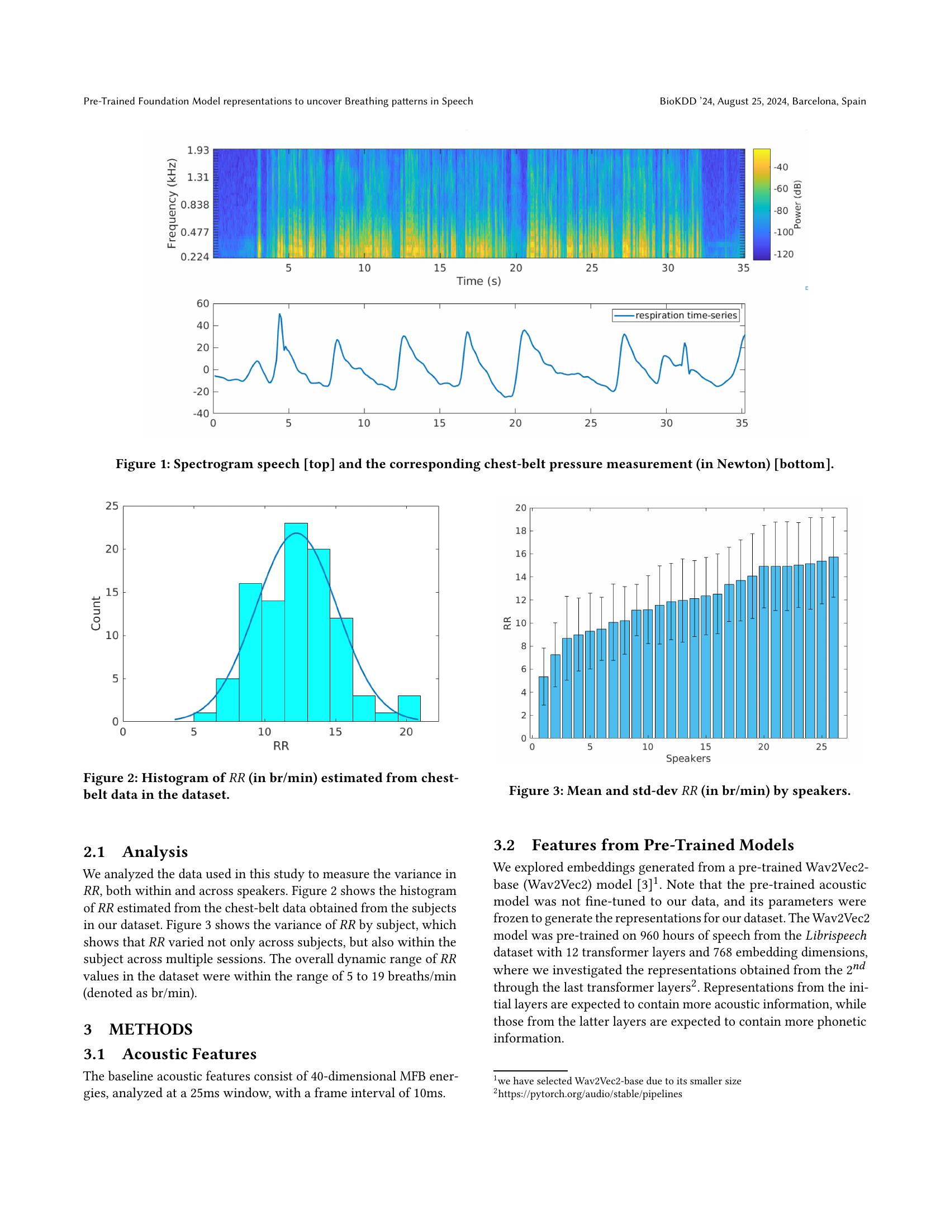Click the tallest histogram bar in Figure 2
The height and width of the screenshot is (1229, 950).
(x=296, y=622)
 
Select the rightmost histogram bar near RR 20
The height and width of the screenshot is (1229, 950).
(x=409, y=708)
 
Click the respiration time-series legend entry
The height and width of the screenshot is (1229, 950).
(x=676, y=316)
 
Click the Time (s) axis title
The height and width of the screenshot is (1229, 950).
(x=478, y=281)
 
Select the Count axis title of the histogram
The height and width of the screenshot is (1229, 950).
(x=96, y=613)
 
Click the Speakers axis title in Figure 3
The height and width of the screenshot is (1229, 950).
(x=688, y=759)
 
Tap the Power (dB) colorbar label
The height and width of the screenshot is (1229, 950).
(x=797, y=205)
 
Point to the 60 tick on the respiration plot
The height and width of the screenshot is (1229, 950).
(x=203, y=304)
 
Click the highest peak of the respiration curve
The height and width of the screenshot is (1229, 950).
(x=280, y=315)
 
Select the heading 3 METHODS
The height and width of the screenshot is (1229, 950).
(x=138, y=1030)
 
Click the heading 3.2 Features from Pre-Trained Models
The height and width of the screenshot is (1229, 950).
(x=643, y=845)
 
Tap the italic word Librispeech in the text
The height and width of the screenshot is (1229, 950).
(x=835, y=936)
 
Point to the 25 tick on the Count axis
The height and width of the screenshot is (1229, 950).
(x=112, y=506)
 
